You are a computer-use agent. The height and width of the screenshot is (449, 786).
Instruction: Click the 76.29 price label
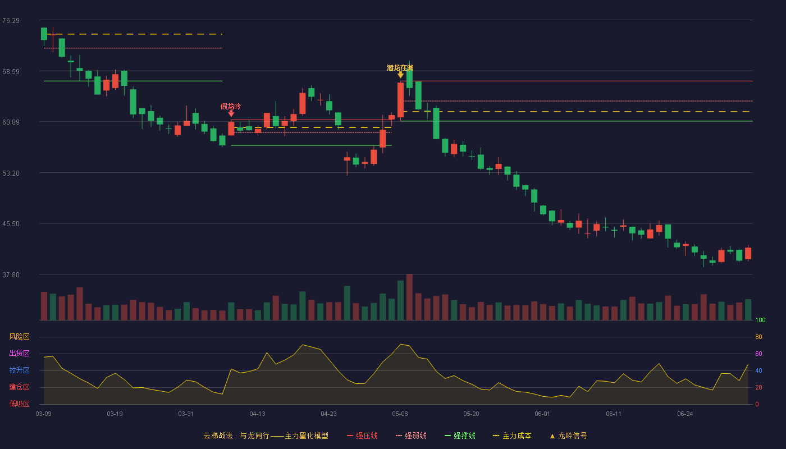pos(11,21)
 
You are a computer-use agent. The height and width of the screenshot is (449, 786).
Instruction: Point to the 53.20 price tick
pos(11,173)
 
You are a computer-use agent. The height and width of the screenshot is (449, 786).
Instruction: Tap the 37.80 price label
pos(11,274)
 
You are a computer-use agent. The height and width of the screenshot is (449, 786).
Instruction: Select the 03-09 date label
pos(44,414)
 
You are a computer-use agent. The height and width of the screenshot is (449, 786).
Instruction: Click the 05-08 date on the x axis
pos(400,414)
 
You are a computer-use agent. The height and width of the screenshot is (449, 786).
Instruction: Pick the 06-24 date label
pos(685,414)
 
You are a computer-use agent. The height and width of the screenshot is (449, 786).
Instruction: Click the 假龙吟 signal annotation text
pos(231,106)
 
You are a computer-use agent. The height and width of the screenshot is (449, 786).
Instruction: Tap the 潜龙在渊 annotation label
pos(400,68)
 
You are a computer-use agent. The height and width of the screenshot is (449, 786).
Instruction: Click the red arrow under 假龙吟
pos(231,113)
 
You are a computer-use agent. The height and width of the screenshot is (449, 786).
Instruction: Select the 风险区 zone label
pos(19,337)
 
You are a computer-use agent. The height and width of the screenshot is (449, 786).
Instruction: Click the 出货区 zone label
pos(19,353)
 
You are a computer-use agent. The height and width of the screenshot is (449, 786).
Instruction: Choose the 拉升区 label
pos(19,370)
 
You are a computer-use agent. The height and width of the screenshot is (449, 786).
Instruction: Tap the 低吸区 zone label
pos(19,404)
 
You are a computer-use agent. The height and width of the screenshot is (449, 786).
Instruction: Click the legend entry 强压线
pos(363,436)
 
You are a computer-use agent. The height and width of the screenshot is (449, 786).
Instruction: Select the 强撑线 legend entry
pos(460,436)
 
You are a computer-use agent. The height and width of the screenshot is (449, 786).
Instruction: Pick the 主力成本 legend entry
pos(512,436)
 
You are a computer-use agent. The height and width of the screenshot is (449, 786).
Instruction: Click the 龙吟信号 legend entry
pos(568,436)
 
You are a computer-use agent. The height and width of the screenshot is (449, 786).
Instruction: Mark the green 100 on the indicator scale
pos(760,320)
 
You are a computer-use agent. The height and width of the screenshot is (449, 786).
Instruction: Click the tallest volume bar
pos(409,297)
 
